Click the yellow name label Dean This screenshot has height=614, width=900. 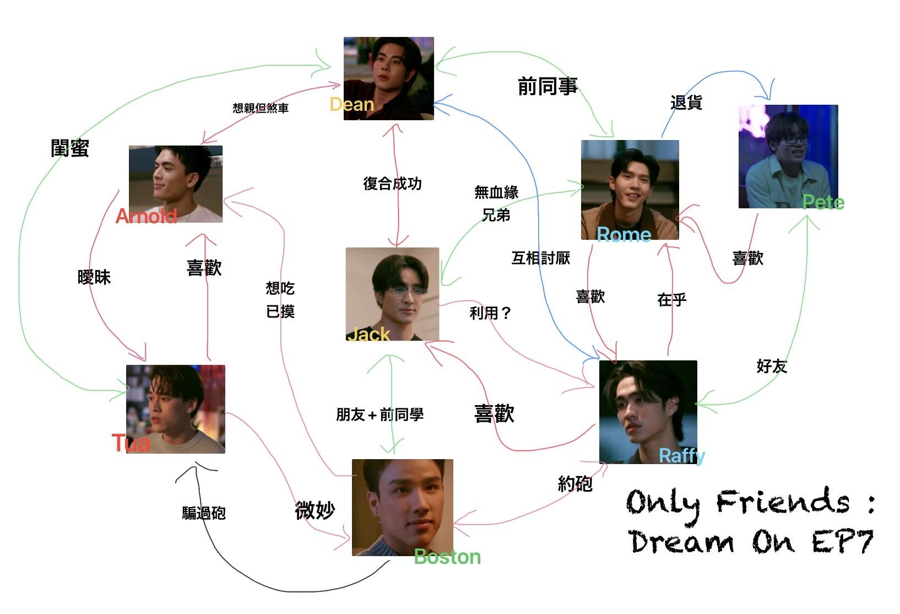tap(351, 104)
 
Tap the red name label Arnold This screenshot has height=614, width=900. tap(146, 216)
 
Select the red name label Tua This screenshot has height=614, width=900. tap(131, 443)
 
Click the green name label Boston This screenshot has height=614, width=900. tap(447, 557)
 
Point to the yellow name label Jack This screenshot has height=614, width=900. tap(368, 334)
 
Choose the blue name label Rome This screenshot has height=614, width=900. tap(624, 235)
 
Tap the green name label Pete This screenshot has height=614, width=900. tap(823, 202)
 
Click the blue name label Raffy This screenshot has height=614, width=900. tap(682, 456)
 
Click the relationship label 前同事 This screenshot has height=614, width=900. tap(547, 87)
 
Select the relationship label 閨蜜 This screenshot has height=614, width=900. tap(70, 148)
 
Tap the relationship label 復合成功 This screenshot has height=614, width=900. tap(392, 184)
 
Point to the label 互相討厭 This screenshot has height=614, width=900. tap(540, 258)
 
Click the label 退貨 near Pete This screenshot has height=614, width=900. tap(686, 103)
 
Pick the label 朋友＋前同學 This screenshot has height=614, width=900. tap(380, 414)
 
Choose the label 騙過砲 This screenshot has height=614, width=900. tap(204, 513)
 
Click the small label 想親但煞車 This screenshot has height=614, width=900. tap(261, 108)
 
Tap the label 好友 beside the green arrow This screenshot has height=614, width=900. tap(772, 366)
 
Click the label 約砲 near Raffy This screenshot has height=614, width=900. tap(575, 484)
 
